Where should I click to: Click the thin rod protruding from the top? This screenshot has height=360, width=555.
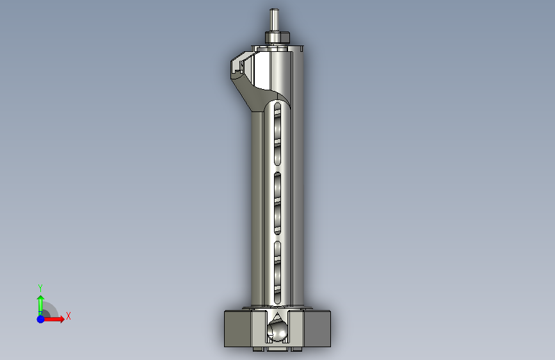click(274, 20)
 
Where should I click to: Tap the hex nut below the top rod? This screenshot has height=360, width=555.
click(278, 38)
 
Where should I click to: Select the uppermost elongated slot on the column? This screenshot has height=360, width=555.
click(278, 134)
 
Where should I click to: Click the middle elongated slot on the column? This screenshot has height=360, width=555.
click(278, 204)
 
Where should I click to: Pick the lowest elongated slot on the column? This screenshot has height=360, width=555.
click(278, 272)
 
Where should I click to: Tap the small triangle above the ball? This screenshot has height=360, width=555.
click(278, 316)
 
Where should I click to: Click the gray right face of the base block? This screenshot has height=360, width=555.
click(317, 329)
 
